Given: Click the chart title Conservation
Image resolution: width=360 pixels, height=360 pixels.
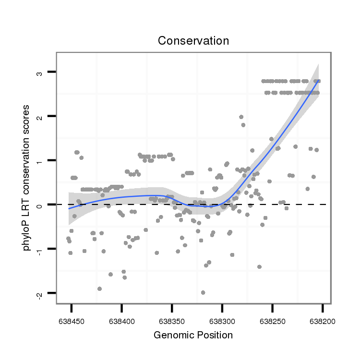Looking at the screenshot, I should (x=193, y=41).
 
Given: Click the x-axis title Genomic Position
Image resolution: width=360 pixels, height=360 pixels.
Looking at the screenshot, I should (x=193, y=335).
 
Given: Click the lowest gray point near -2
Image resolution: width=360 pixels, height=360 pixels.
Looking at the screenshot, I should (x=203, y=292).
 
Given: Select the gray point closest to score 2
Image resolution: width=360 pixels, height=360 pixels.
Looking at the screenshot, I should (x=241, y=117).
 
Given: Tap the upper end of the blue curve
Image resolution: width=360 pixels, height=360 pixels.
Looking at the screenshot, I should (x=318, y=81).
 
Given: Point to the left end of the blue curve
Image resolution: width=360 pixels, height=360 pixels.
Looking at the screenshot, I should (x=69, y=208).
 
